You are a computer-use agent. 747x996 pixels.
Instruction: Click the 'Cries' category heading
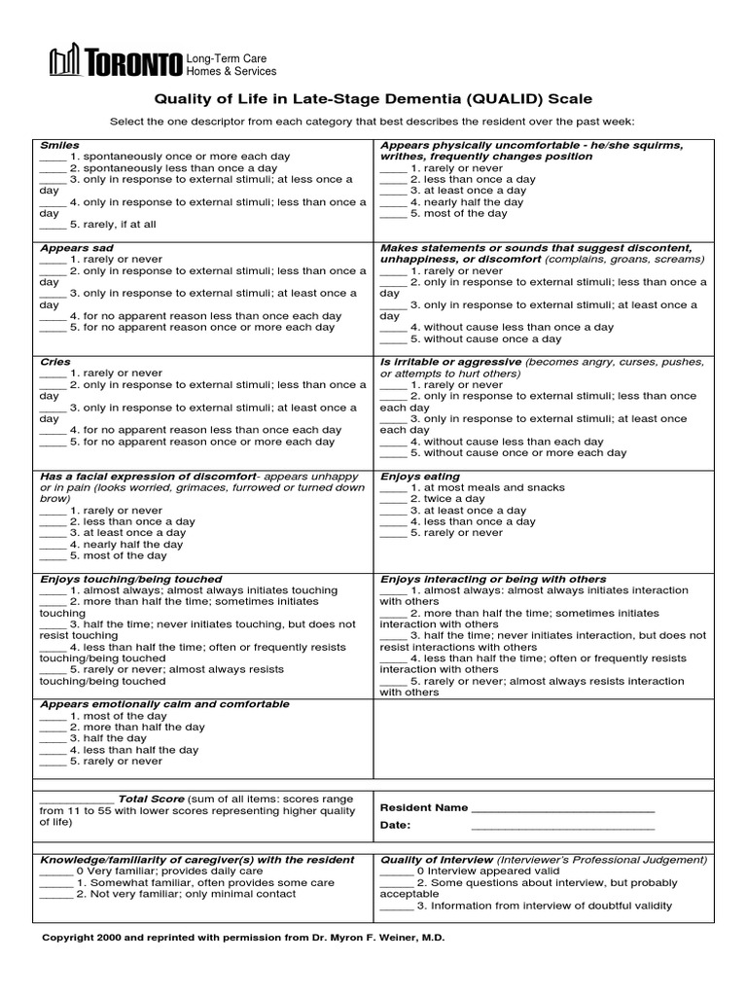pyautogui.click(x=55, y=362)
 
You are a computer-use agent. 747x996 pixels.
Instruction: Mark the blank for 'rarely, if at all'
pyautogui.click(x=53, y=224)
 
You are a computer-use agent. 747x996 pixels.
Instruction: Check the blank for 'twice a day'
pyautogui.click(x=393, y=499)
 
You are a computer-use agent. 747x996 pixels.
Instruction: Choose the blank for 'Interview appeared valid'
pyautogui.click(x=396, y=871)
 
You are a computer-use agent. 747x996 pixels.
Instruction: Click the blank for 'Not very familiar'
pyautogui.click(x=56, y=894)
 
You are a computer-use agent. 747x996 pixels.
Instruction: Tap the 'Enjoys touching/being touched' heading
pyautogui.click(x=131, y=579)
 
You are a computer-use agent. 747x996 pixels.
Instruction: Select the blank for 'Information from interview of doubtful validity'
pyautogui.click(x=396, y=906)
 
